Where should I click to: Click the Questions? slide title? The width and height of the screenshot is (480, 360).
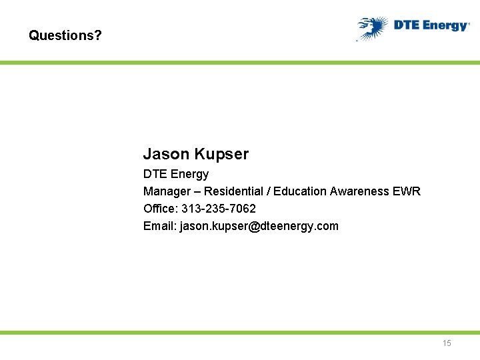(65, 35)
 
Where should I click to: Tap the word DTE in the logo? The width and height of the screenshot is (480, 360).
(406, 25)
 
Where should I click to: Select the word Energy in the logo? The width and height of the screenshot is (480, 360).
(443, 26)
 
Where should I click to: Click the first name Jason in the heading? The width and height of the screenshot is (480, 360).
(167, 154)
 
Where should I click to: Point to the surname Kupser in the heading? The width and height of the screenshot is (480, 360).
(222, 155)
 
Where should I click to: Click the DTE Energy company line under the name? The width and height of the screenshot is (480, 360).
(176, 174)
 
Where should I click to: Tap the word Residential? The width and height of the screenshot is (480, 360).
(234, 191)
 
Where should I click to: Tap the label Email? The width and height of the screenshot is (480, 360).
(160, 226)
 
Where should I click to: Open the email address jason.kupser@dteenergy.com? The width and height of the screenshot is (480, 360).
(259, 226)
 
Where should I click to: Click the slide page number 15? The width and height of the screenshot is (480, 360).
(447, 343)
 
